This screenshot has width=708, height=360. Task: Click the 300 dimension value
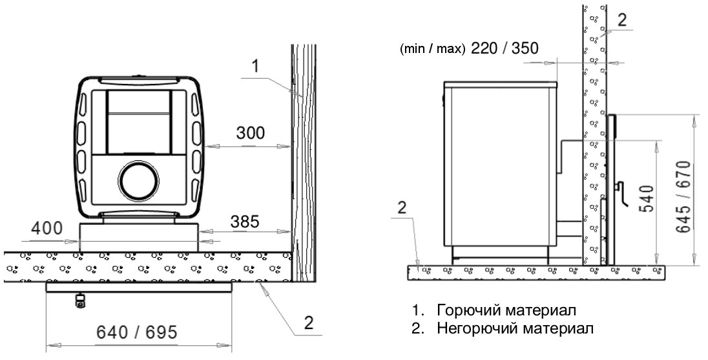pos(251,133)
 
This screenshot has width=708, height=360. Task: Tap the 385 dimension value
pos(245,221)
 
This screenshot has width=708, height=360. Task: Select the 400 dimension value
pos(47,228)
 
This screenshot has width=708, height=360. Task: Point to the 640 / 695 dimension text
pos(137,332)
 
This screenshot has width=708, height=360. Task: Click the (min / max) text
pos(432,48)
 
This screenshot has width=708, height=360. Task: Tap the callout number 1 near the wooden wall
pos(255,67)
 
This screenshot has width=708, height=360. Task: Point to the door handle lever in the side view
pos(621,193)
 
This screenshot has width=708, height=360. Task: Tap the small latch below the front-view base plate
pos(79,301)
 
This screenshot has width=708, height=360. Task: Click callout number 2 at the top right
pos(622,20)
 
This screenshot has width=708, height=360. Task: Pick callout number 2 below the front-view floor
pos(309,323)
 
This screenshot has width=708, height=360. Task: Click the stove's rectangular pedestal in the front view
pos(139,237)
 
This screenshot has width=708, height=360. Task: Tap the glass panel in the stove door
pos(139,122)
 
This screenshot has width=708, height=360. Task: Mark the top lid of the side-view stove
pos(501,85)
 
